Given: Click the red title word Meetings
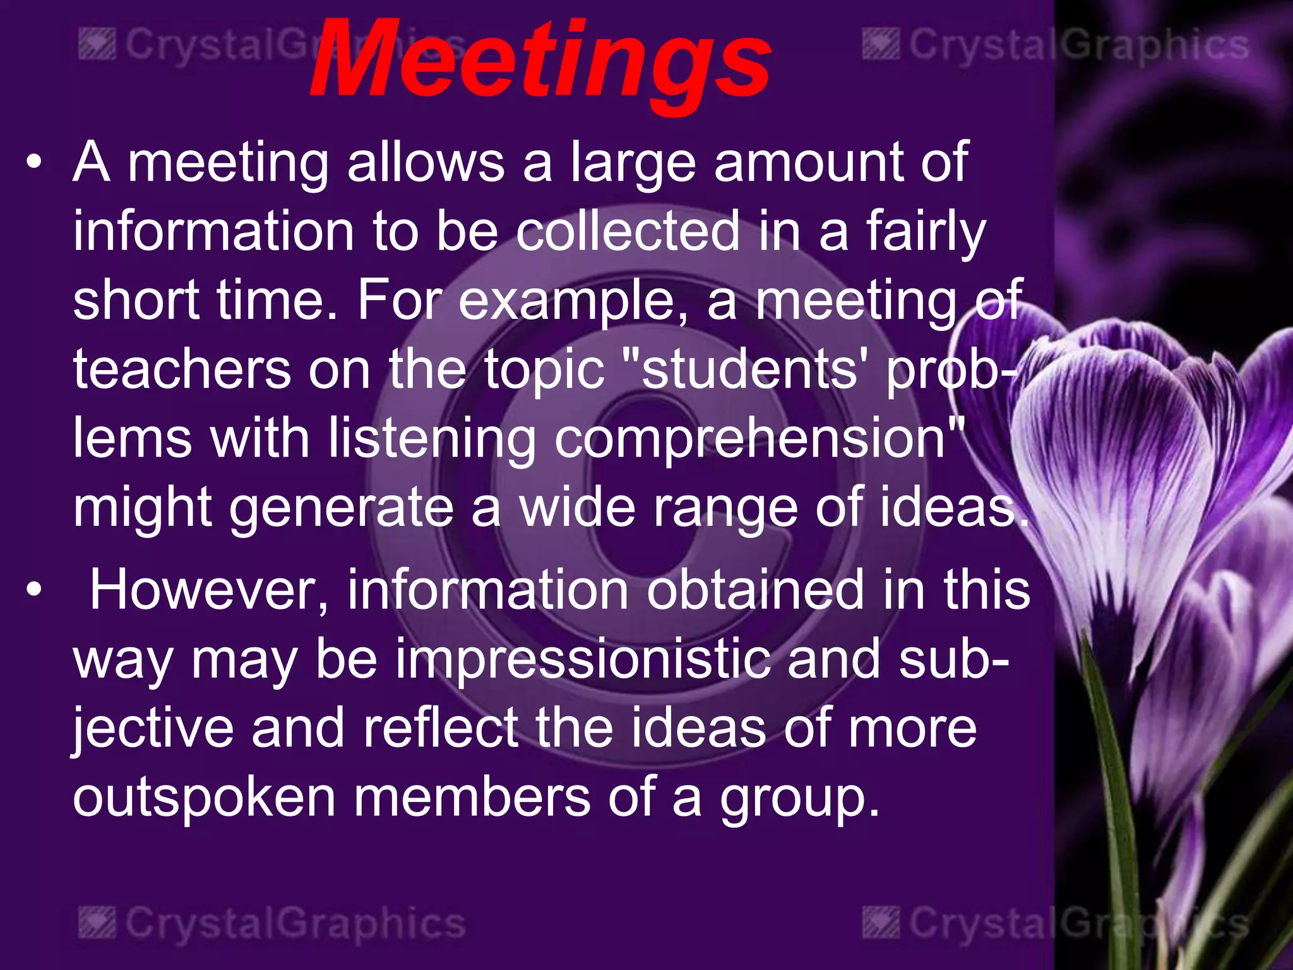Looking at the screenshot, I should [x=540, y=60].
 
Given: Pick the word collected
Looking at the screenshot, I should [x=628, y=231].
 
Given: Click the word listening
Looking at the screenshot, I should [x=432, y=440].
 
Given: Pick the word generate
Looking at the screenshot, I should [x=341, y=509].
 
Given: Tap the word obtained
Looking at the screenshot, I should [x=755, y=590].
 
